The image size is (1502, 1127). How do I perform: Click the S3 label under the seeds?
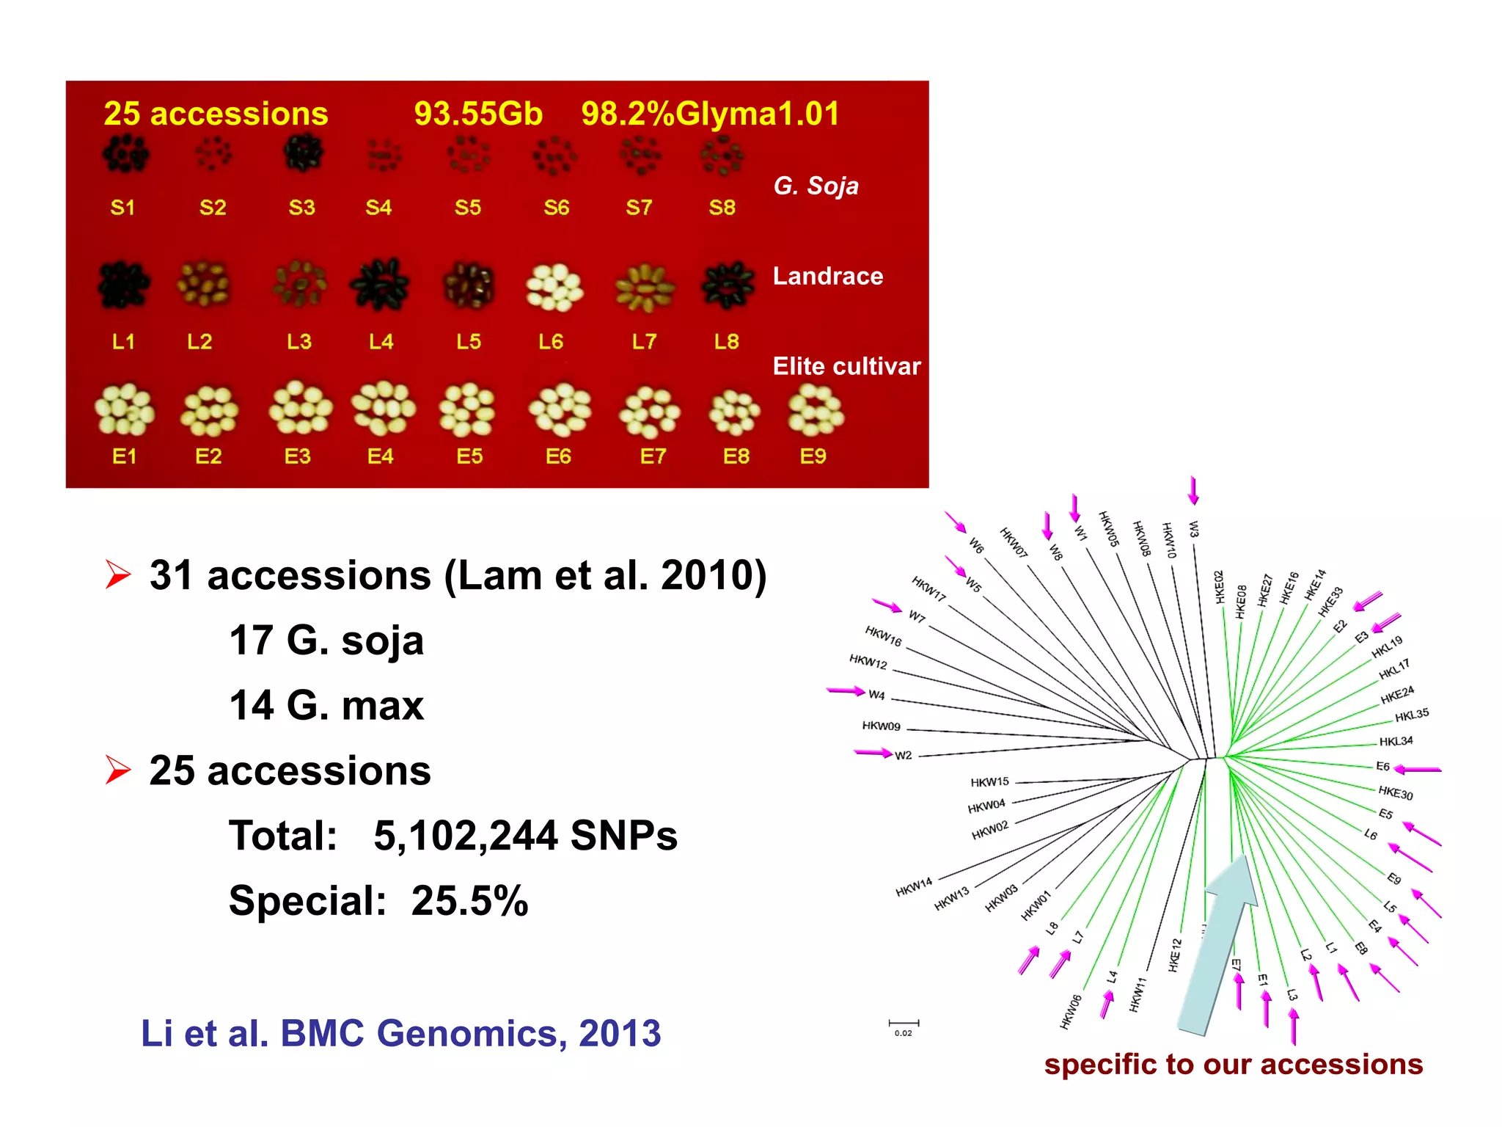click(x=301, y=208)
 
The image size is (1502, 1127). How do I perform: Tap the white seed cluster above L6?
click(x=554, y=287)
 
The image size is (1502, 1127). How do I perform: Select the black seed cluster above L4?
click(x=380, y=285)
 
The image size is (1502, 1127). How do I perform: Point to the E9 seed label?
click(x=813, y=456)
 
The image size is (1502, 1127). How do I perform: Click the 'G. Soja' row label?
click(x=816, y=186)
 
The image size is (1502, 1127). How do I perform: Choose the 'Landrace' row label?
click(x=828, y=276)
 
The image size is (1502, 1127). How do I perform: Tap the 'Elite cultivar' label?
click(x=846, y=366)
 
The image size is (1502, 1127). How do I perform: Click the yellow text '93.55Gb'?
click(x=478, y=114)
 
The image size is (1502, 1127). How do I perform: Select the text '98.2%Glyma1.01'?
click(x=710, y=114)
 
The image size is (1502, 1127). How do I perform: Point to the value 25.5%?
click(x=469, y=901)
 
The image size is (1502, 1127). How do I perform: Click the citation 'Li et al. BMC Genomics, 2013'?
click(x=400, y=1033)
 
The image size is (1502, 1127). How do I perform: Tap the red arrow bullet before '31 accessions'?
click(x=117, y=575)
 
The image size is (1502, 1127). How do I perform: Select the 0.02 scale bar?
click(x=904, y=1024)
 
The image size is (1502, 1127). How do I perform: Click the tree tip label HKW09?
click(x=881, y=726)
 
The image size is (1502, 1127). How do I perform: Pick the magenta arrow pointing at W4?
click(x=846, y=690)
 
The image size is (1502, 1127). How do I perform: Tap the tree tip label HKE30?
click(x=1395, y=792)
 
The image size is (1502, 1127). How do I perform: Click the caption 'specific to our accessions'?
click(x=1234, y=1065)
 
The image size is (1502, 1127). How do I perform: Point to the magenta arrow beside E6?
click(x=1418, y=770)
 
